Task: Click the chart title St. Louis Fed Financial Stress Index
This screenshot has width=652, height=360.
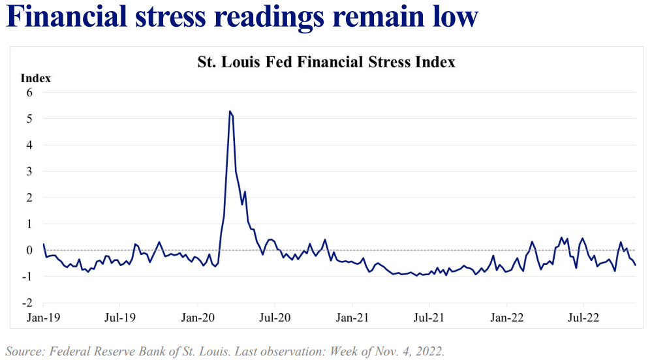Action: coord(326,63)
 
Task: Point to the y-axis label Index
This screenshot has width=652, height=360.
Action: coord(36,78)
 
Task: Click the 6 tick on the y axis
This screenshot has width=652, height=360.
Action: coord(29,93)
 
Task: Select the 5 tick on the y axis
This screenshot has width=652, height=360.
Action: coord(29,119)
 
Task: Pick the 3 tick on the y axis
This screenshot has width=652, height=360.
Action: coord(29,172)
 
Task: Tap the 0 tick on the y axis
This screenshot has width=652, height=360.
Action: coord(29,250)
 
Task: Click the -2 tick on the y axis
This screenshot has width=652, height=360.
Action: coord(27,303)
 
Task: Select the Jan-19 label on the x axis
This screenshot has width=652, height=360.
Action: coord(43,318)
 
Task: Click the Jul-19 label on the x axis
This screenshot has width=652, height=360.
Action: coord(120,318)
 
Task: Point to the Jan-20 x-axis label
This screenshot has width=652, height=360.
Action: coord(198,318)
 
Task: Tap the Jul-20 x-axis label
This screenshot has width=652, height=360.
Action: coord(275,318)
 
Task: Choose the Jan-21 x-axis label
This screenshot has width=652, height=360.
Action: coord(352,318)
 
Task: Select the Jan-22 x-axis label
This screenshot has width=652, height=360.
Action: coord(507,318)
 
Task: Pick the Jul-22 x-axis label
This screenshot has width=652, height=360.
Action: coord(583,318)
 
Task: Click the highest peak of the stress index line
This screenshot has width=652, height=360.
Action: coord(230,112)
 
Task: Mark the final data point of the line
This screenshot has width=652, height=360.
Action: coord(636,264)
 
